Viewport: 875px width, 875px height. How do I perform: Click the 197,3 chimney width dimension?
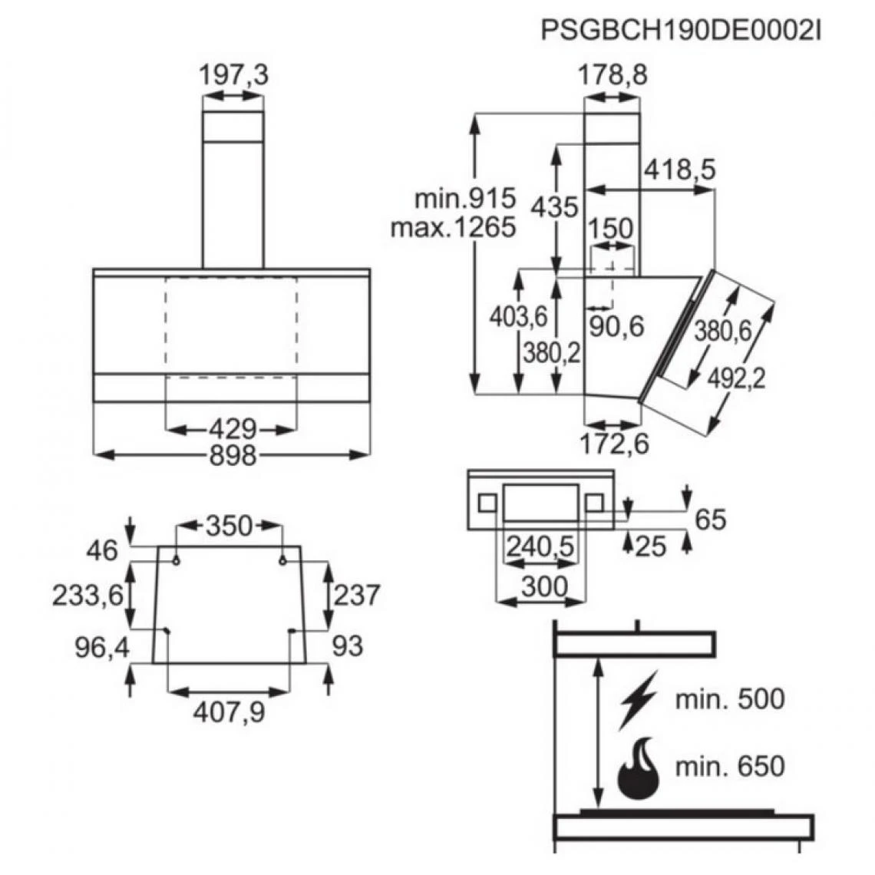pos(233,75)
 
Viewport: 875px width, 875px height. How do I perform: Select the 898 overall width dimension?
pos(232,455)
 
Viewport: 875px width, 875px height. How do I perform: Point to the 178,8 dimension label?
pos(612,75)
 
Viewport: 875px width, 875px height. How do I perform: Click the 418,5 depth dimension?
pos(679,170)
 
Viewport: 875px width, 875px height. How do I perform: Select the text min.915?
pos(465,200)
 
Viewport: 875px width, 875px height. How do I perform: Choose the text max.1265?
pos(453,228)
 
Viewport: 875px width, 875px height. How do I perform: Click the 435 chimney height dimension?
pos(556,206)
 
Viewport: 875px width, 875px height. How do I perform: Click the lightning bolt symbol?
pos(639,699)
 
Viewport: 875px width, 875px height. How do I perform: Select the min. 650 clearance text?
pos(730,766)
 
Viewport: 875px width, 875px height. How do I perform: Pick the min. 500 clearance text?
pos(730,699)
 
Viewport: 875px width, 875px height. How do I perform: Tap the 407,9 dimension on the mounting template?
pos(229,713)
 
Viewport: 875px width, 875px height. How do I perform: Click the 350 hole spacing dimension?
pos(229,526)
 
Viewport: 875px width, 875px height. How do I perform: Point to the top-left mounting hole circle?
pos(177,560)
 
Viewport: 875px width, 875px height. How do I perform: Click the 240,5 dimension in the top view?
pos(540,546)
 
